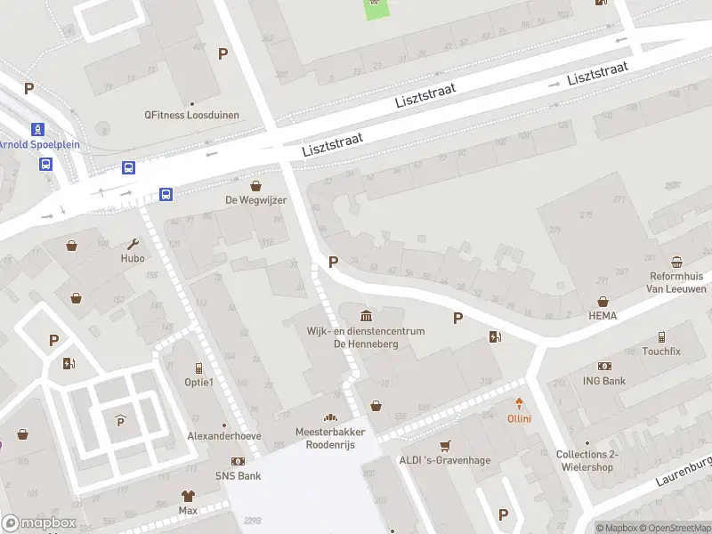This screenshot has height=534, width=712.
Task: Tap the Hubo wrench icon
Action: pyautogui.click(x=133, y=244)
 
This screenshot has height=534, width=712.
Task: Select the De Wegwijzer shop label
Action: pyautogui.click(x=255, y=200)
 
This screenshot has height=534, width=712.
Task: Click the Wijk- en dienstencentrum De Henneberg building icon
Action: pyautogui.click(x=367, y=316)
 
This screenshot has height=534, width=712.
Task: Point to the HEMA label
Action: pyautogui.click(x=603, y=316)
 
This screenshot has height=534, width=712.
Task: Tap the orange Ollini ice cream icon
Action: pyautogui.click(x=520, y=404)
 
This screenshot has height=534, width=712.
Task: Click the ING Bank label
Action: pyautogui.click(x=605, y=381)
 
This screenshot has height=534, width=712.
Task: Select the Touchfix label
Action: pyautogui.click(x=661, y=352)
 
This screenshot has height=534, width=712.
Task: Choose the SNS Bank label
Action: pyautogui.click(x=238, y=476)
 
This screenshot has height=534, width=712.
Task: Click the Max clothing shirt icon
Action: pyautogui.click(x=188, y=496)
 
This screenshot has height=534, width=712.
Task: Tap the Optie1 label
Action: pyautogui.click(x=198, y=383)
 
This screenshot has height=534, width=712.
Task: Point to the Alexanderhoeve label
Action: pyautogui.click(x=224, y=436)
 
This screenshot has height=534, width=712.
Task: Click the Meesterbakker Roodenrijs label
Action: pyautogui.click(x=331, y=438)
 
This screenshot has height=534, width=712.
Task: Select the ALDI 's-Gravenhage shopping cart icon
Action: pyautogui.click(x=446, y=446)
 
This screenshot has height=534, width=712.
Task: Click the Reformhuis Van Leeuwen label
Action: pyautogui.click(x=677, y=283)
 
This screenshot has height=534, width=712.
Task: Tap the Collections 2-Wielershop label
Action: pyautogui.click(x=587, y=461)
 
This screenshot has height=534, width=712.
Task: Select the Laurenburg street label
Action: pyautogui.click(x=684, y=472)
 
